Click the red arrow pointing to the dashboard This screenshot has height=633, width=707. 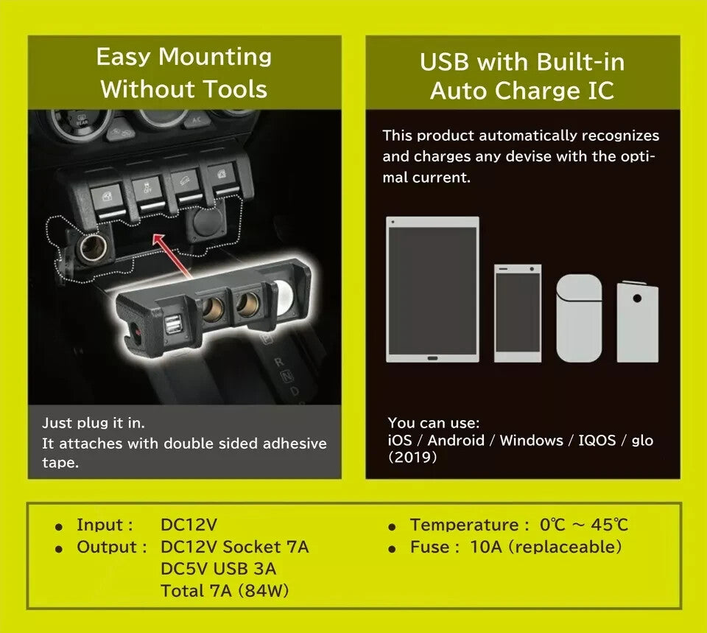pos(172,256)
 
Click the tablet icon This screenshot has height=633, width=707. pos(432,289)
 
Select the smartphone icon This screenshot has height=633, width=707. pos(518,313)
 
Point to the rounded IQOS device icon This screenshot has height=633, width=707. pos(579,318)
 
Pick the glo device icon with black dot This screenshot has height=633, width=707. pos(638,322)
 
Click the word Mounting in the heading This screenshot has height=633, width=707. pos(215,57)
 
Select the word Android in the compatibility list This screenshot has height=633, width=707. pos(456,440)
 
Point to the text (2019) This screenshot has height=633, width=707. pos(412,458)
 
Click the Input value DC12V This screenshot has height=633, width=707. pos(189,525)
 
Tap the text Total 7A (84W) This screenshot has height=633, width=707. pos(225,590)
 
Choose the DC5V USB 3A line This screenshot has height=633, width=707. pos(218,569)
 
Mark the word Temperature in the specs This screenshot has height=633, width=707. pos(465,525)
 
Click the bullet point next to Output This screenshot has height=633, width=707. pos(59,549)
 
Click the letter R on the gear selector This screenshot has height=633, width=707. pos(280,362)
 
